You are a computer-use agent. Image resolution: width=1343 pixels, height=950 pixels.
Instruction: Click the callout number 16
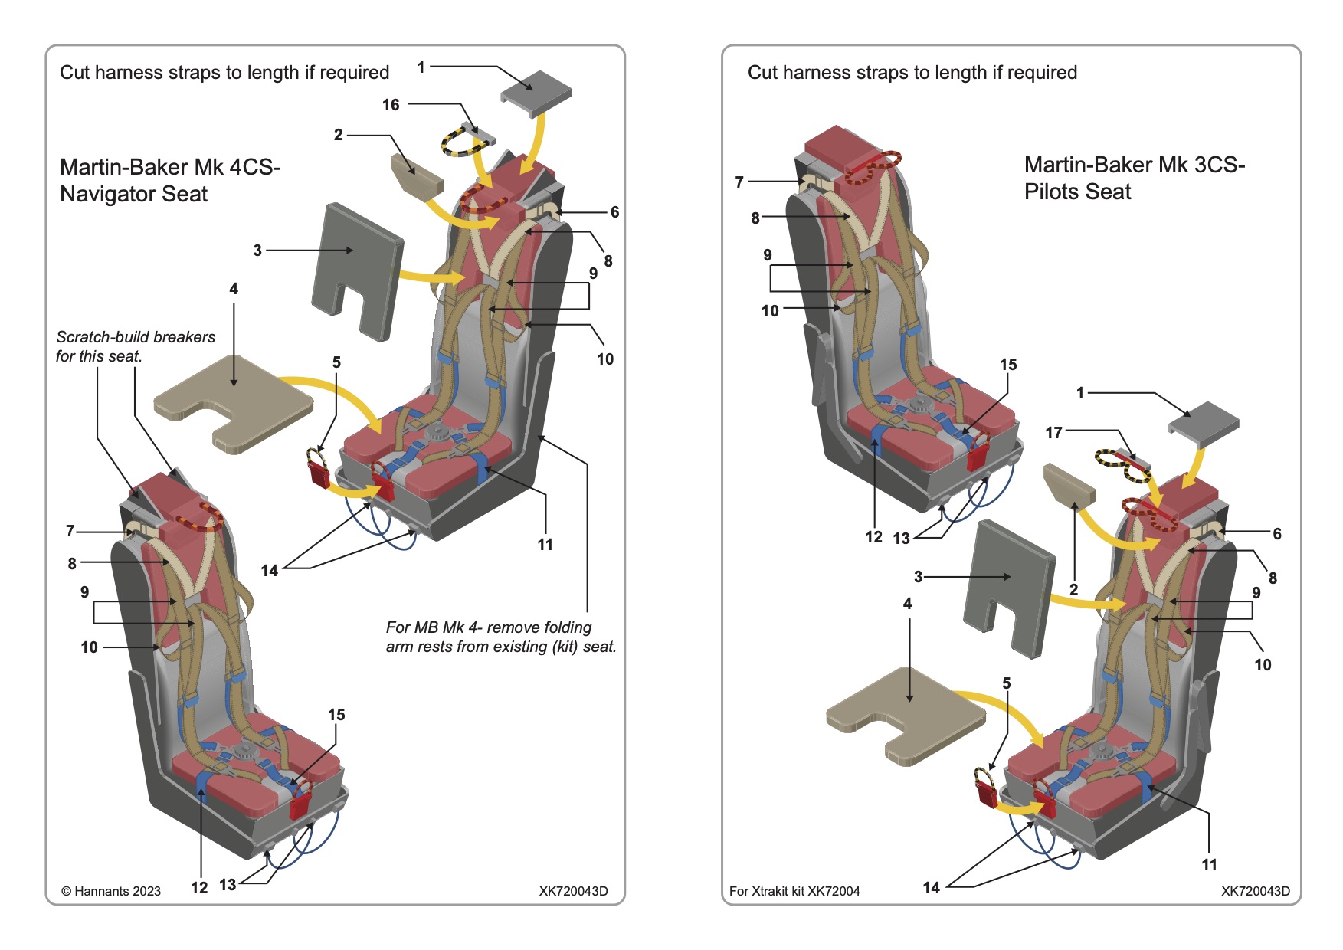click(391, 105)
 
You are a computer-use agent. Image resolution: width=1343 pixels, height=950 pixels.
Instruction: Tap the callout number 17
click(1053, 433)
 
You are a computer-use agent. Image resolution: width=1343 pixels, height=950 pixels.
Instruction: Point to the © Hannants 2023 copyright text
click(111, 891)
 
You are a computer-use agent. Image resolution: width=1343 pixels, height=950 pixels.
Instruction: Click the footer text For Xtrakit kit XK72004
click(794, 891)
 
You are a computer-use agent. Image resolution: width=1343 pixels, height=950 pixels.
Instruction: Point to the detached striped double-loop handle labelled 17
click(1122, 464)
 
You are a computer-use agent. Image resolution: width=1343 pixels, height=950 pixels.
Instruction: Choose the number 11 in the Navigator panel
click(545, 545)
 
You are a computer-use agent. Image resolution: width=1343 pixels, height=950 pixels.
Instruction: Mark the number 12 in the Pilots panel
click(873, 537)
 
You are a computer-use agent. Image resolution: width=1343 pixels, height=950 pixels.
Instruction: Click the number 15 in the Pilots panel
click(1008, 365)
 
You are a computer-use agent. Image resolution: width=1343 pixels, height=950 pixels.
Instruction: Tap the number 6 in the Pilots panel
click(1277, 534)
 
